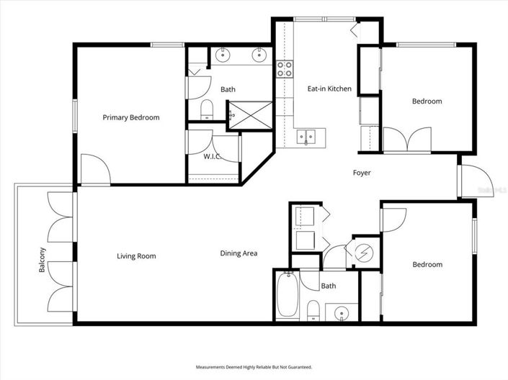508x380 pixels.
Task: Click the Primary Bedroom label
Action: (x=130, y=117)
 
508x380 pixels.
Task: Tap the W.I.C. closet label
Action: (x=211, y=156)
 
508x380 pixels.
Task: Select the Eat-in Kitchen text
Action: (x=329, y=89)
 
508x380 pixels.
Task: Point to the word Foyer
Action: (x=362, y=173)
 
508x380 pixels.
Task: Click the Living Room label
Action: (x=136, y=255)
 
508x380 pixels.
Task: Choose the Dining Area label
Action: (x=239, y=253)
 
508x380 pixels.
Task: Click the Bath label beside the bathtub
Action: (x=328, y=286)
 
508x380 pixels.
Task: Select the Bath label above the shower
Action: (x=228, y=89)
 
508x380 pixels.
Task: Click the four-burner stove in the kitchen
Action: (x=285, y=69)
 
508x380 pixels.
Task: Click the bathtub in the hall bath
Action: (x=287, y=295)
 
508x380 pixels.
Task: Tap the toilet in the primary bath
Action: (x=206, y=109)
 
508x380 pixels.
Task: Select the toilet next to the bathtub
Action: (x=313, y=309)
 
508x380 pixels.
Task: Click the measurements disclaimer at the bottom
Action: (x=254, y=367)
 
